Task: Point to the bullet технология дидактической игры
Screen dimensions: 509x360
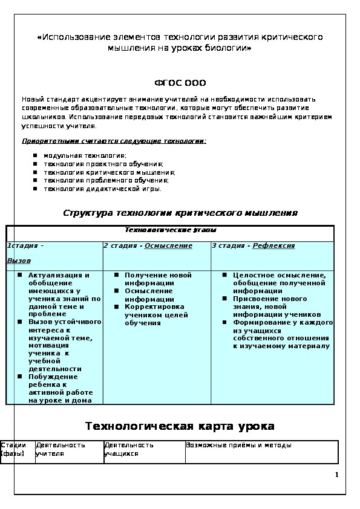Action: tap(102, 189)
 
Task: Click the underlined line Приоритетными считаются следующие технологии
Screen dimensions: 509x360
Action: tap(114, 140)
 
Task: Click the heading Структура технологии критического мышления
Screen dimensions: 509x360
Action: tap(180, 213)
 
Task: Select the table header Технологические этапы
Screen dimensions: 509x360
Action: tap(170, 230)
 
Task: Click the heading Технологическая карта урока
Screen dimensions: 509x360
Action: tap(180, 426)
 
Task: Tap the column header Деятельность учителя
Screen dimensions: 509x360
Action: tap(52, 449)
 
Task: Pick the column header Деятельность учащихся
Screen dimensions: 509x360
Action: tap(129, 449)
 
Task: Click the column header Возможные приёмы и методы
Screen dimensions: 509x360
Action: tap(238, 445)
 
